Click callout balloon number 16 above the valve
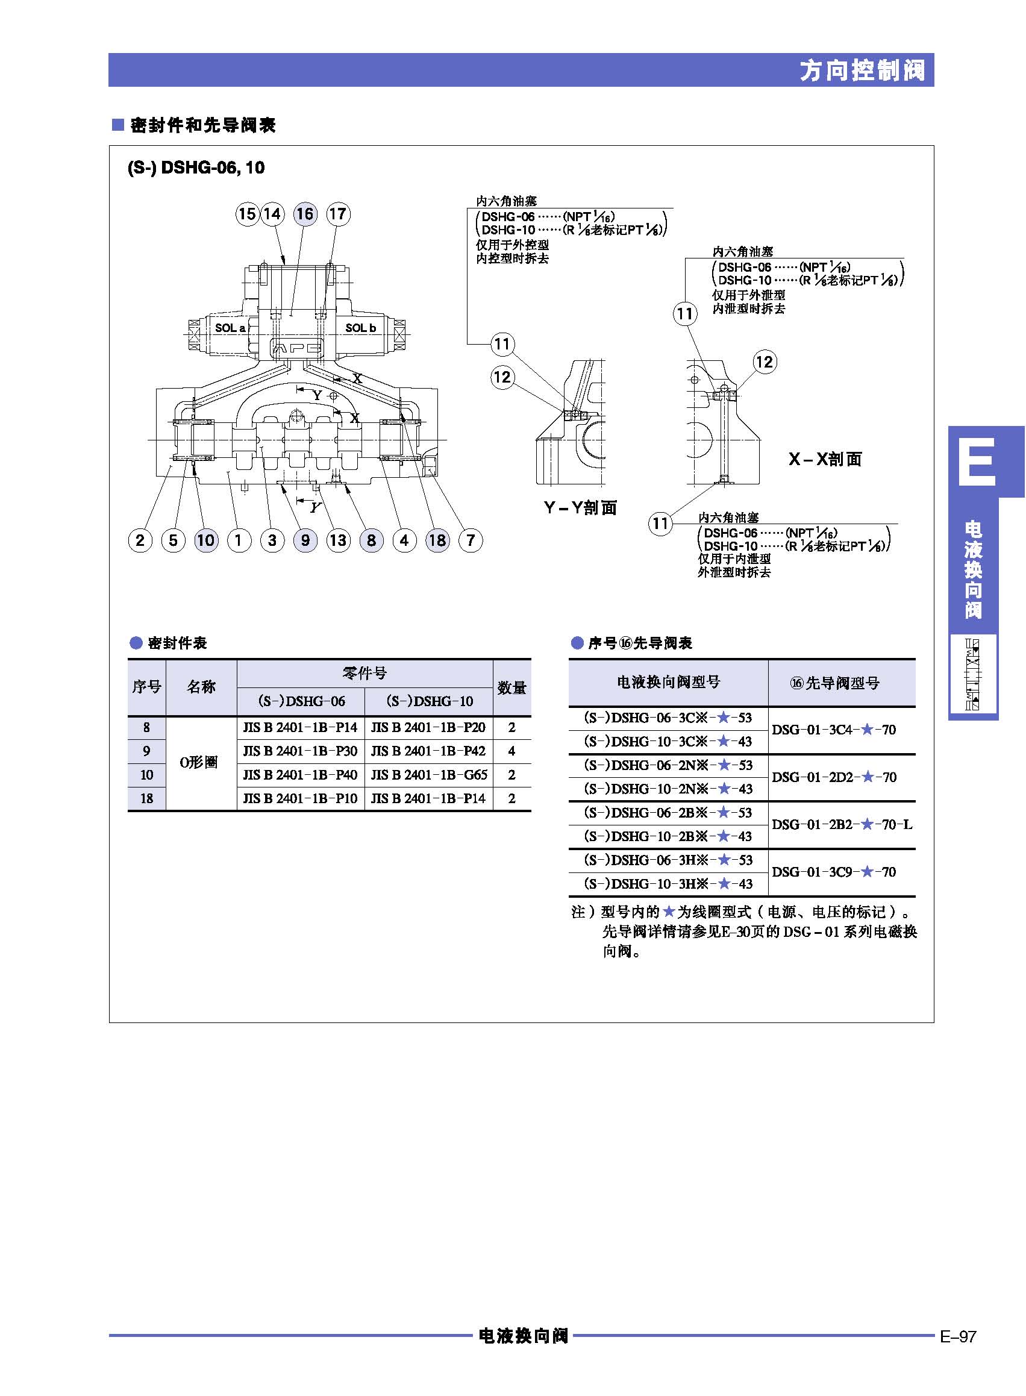[304, 214]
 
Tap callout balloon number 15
[247, 214]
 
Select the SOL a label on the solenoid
[230, 328]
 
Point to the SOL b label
[361, 328]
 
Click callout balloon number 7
[470, 540]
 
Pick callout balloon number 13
[338, 540]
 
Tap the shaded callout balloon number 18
[437, 540]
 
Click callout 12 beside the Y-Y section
[502, 377]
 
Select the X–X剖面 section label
[825, 459]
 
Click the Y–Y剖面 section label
[581, 508]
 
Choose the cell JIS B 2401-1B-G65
[429, 775]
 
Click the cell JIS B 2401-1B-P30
[301, 751]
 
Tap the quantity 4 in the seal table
[511, 751]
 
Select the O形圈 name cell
[199, 763]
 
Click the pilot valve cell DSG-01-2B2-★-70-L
[842, 825]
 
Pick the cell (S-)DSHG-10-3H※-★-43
[668, 884]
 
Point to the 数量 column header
[511, 687]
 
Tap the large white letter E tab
[977, 462]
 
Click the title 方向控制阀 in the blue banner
[862, 70]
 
